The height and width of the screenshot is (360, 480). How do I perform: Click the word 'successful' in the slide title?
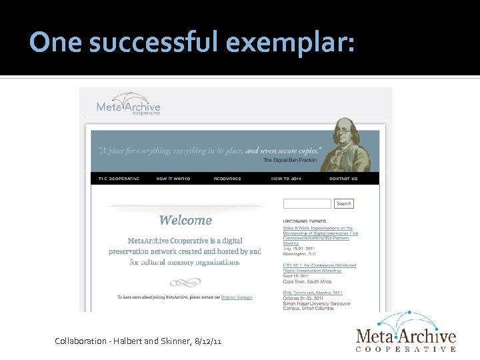[x=154, y=43]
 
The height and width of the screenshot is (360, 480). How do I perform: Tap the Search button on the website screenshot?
[x=344, y=203]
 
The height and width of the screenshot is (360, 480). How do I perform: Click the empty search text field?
[x=307, y=203]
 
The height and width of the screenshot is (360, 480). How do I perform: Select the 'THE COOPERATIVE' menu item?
[x=119, y=179]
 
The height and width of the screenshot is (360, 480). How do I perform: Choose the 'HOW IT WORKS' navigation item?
[x=173, y=179]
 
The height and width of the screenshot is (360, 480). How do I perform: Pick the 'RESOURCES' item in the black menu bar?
[x=227, y=179]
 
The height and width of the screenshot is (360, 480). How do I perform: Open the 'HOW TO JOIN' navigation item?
[x=285, y=179]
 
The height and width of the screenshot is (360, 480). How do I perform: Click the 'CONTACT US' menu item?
[x=343, y=179]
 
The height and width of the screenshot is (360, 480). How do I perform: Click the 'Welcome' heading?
[x=185, y=220]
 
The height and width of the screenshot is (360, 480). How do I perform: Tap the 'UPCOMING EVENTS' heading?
[x=304, y=221]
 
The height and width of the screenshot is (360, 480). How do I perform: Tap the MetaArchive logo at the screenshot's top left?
[x=129, y=105]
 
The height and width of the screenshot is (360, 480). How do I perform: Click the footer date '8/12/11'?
[x=207, y=341]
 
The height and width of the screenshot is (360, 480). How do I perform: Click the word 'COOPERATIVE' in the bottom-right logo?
[x=405, y=349]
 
